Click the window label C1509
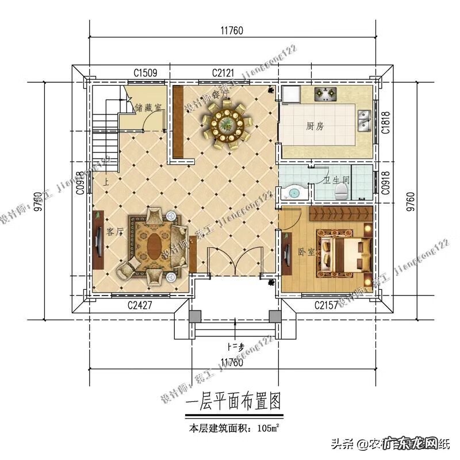pyautogui.click(x=145, y=73)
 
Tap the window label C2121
pyautogui.click(x=224, y=73)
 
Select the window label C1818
pyautogui.click(x=384, y=122)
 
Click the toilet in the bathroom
pyautogui.click(x=343, y=190)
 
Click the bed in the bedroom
pyautogui.click(x=345, y=252)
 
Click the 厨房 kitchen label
pyautogui.click(x=315, y=126)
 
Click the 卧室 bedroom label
pyautogui.click(x=305, y=251)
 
